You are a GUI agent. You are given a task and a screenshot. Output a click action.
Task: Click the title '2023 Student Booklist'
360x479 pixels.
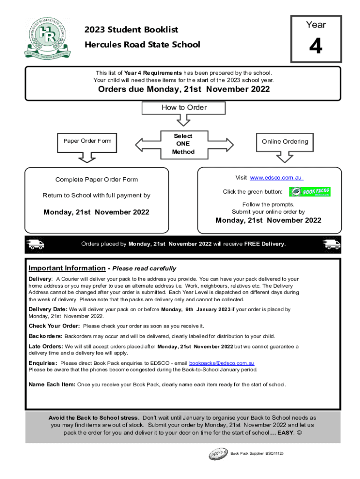coord(131,30)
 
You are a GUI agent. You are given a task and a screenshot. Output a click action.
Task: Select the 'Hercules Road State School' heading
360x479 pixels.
coord(142,45)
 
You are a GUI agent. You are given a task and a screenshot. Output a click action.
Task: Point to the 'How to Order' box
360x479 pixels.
coord(183,108)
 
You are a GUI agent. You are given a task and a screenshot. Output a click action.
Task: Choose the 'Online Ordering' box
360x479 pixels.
coord(285,141)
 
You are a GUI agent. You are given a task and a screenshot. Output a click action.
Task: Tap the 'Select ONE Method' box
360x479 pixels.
coord(183,144)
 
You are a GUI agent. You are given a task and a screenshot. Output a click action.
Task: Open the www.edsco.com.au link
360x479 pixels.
coord(277,178)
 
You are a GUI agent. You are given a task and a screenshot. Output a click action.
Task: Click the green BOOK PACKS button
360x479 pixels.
coord(310,192)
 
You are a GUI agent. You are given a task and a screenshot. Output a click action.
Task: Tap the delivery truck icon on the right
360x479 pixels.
coord(331,244)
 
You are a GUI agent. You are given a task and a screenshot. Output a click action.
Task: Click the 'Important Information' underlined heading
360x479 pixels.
coord(67,268)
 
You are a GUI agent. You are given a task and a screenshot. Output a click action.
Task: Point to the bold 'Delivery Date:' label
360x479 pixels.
coord(48,309)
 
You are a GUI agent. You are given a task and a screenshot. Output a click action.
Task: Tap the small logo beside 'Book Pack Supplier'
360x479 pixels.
coord(218,454)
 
